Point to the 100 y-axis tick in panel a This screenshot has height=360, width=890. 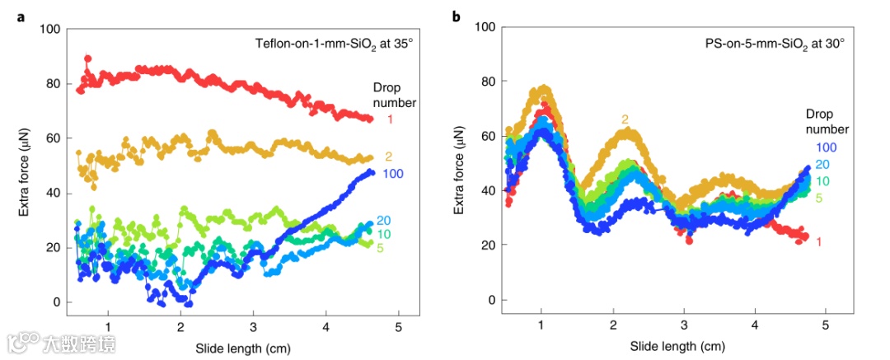pos(50,30)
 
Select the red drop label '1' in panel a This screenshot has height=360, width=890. pos(391,119)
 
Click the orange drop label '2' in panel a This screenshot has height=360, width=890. pos(388,157)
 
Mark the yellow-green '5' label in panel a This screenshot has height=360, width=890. pos(380,248)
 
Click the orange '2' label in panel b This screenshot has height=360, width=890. pos(625,119)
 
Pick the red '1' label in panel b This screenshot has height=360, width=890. pos(818,241)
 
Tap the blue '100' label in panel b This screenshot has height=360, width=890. pos(827,147)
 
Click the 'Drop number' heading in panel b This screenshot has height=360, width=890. pos(827,121)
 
